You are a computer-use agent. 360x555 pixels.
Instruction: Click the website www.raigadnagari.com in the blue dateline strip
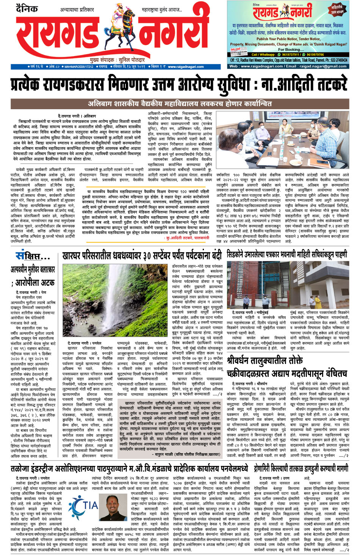click(x=186, y=67)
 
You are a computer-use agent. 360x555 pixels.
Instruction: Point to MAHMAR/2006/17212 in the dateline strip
click(x=79, y=67)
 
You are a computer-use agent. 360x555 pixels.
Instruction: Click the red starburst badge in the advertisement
click(x=337, y=10)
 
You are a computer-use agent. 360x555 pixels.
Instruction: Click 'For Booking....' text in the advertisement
click(x=289, y=49)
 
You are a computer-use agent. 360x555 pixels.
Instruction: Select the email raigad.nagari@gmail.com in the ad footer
click(x=322, y=66)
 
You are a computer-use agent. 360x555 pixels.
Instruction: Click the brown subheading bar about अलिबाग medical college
click(x=180, y=103)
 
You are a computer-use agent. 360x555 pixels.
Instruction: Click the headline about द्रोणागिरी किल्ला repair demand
click(x=302, y=469)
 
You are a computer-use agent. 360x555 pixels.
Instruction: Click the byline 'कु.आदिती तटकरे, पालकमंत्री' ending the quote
click(x=188, y=238)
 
